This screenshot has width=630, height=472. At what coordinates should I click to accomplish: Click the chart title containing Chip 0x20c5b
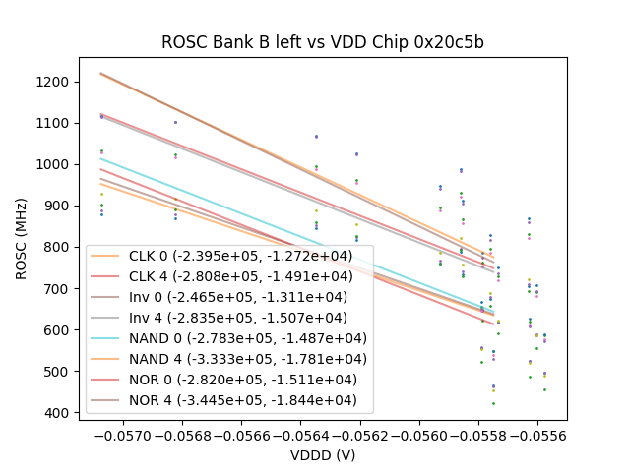(323, 43)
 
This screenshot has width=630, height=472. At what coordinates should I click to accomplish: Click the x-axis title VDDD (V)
(323, 455)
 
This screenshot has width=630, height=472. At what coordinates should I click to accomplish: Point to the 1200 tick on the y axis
(54, 82)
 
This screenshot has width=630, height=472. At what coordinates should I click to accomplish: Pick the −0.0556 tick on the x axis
(537, 434)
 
